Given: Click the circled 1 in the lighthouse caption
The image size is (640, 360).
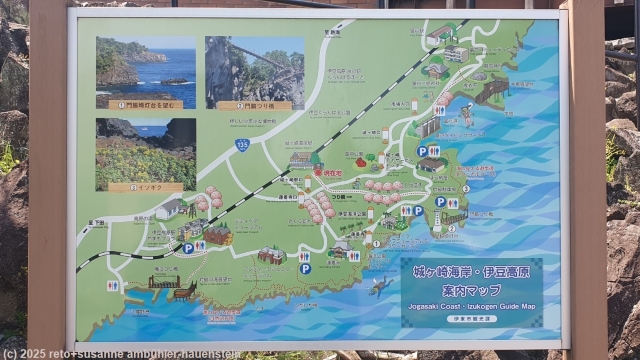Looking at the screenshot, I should tap(121, 104).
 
